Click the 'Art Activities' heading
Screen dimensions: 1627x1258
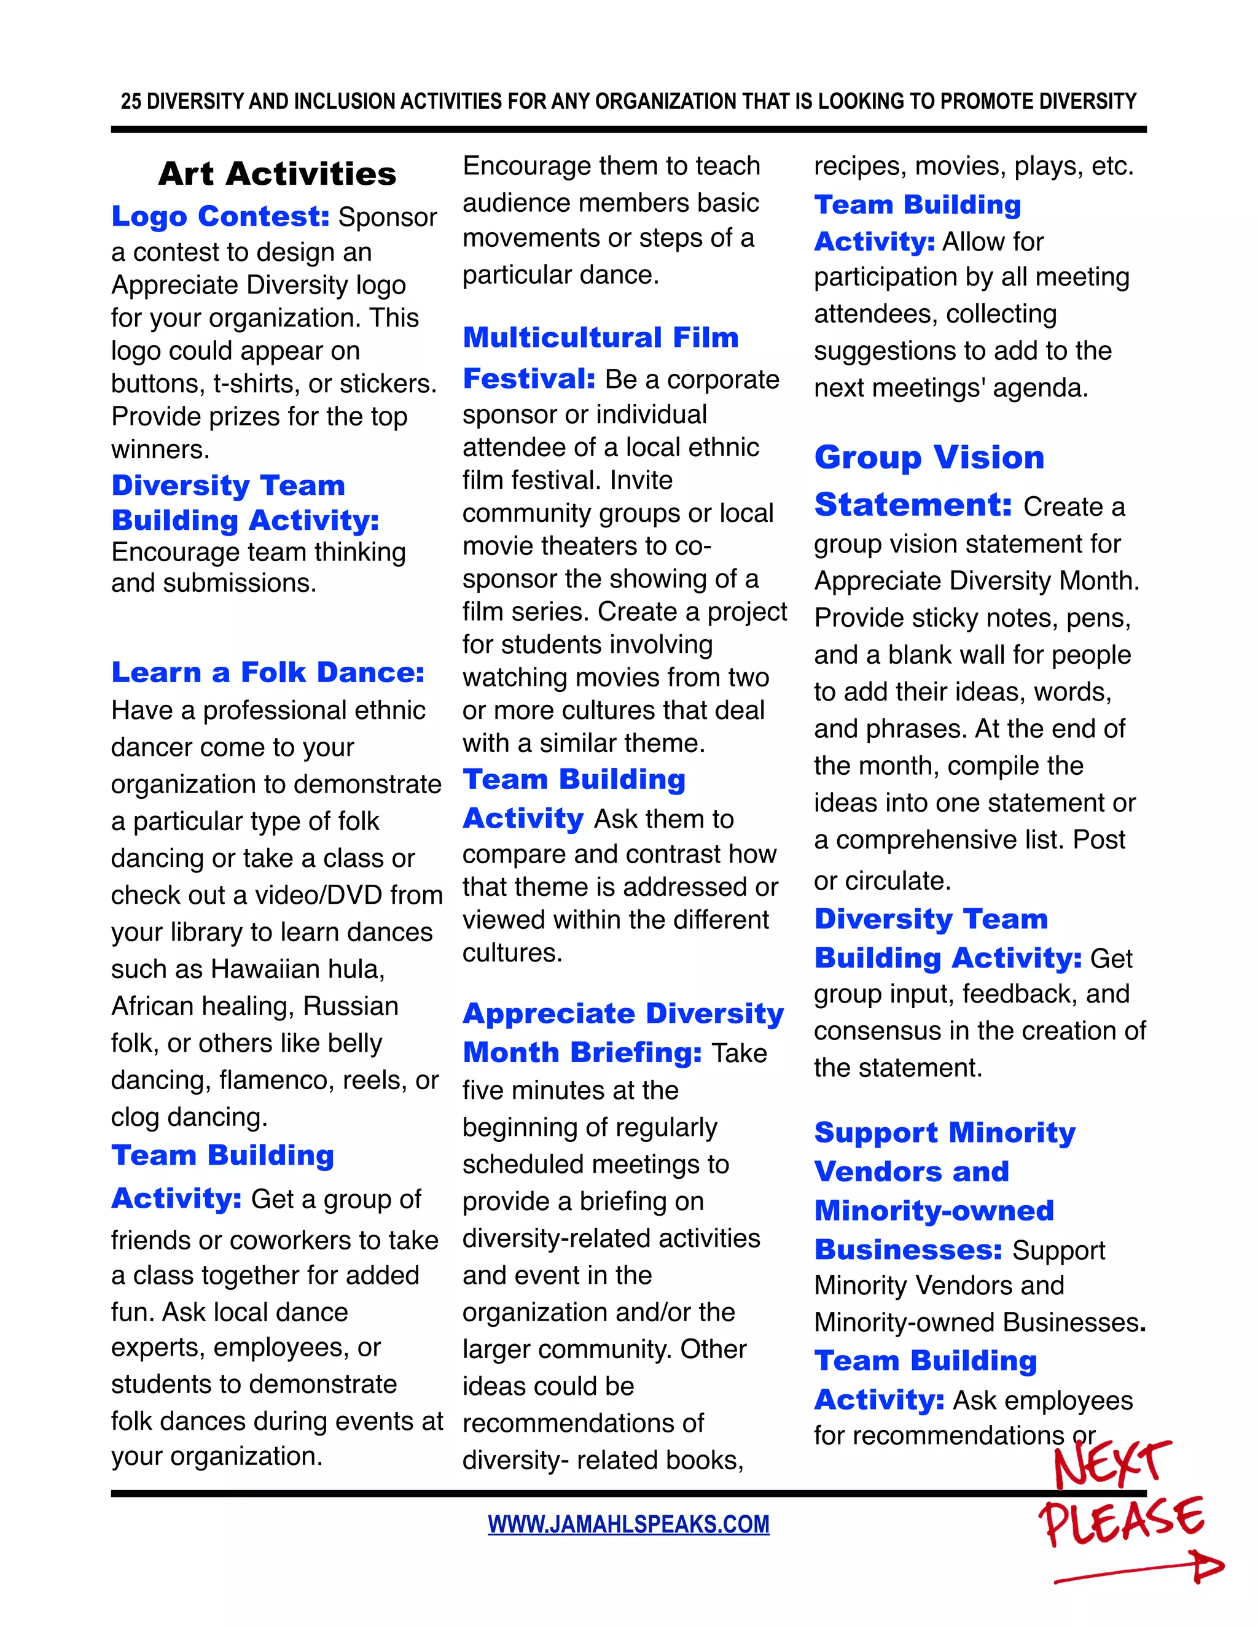[276, 174]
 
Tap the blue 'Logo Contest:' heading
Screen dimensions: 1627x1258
[220, 216]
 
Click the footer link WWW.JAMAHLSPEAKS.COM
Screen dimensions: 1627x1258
[628, 1524]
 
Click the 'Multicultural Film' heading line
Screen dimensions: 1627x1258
[600, 338]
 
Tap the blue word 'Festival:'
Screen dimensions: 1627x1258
[528, 379]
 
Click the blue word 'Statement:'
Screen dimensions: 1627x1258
[913, 505]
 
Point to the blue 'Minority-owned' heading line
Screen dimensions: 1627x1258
[934, 1211]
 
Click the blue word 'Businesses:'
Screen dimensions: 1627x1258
[908, 1250]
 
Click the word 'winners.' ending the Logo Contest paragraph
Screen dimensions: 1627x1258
[160, 449]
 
